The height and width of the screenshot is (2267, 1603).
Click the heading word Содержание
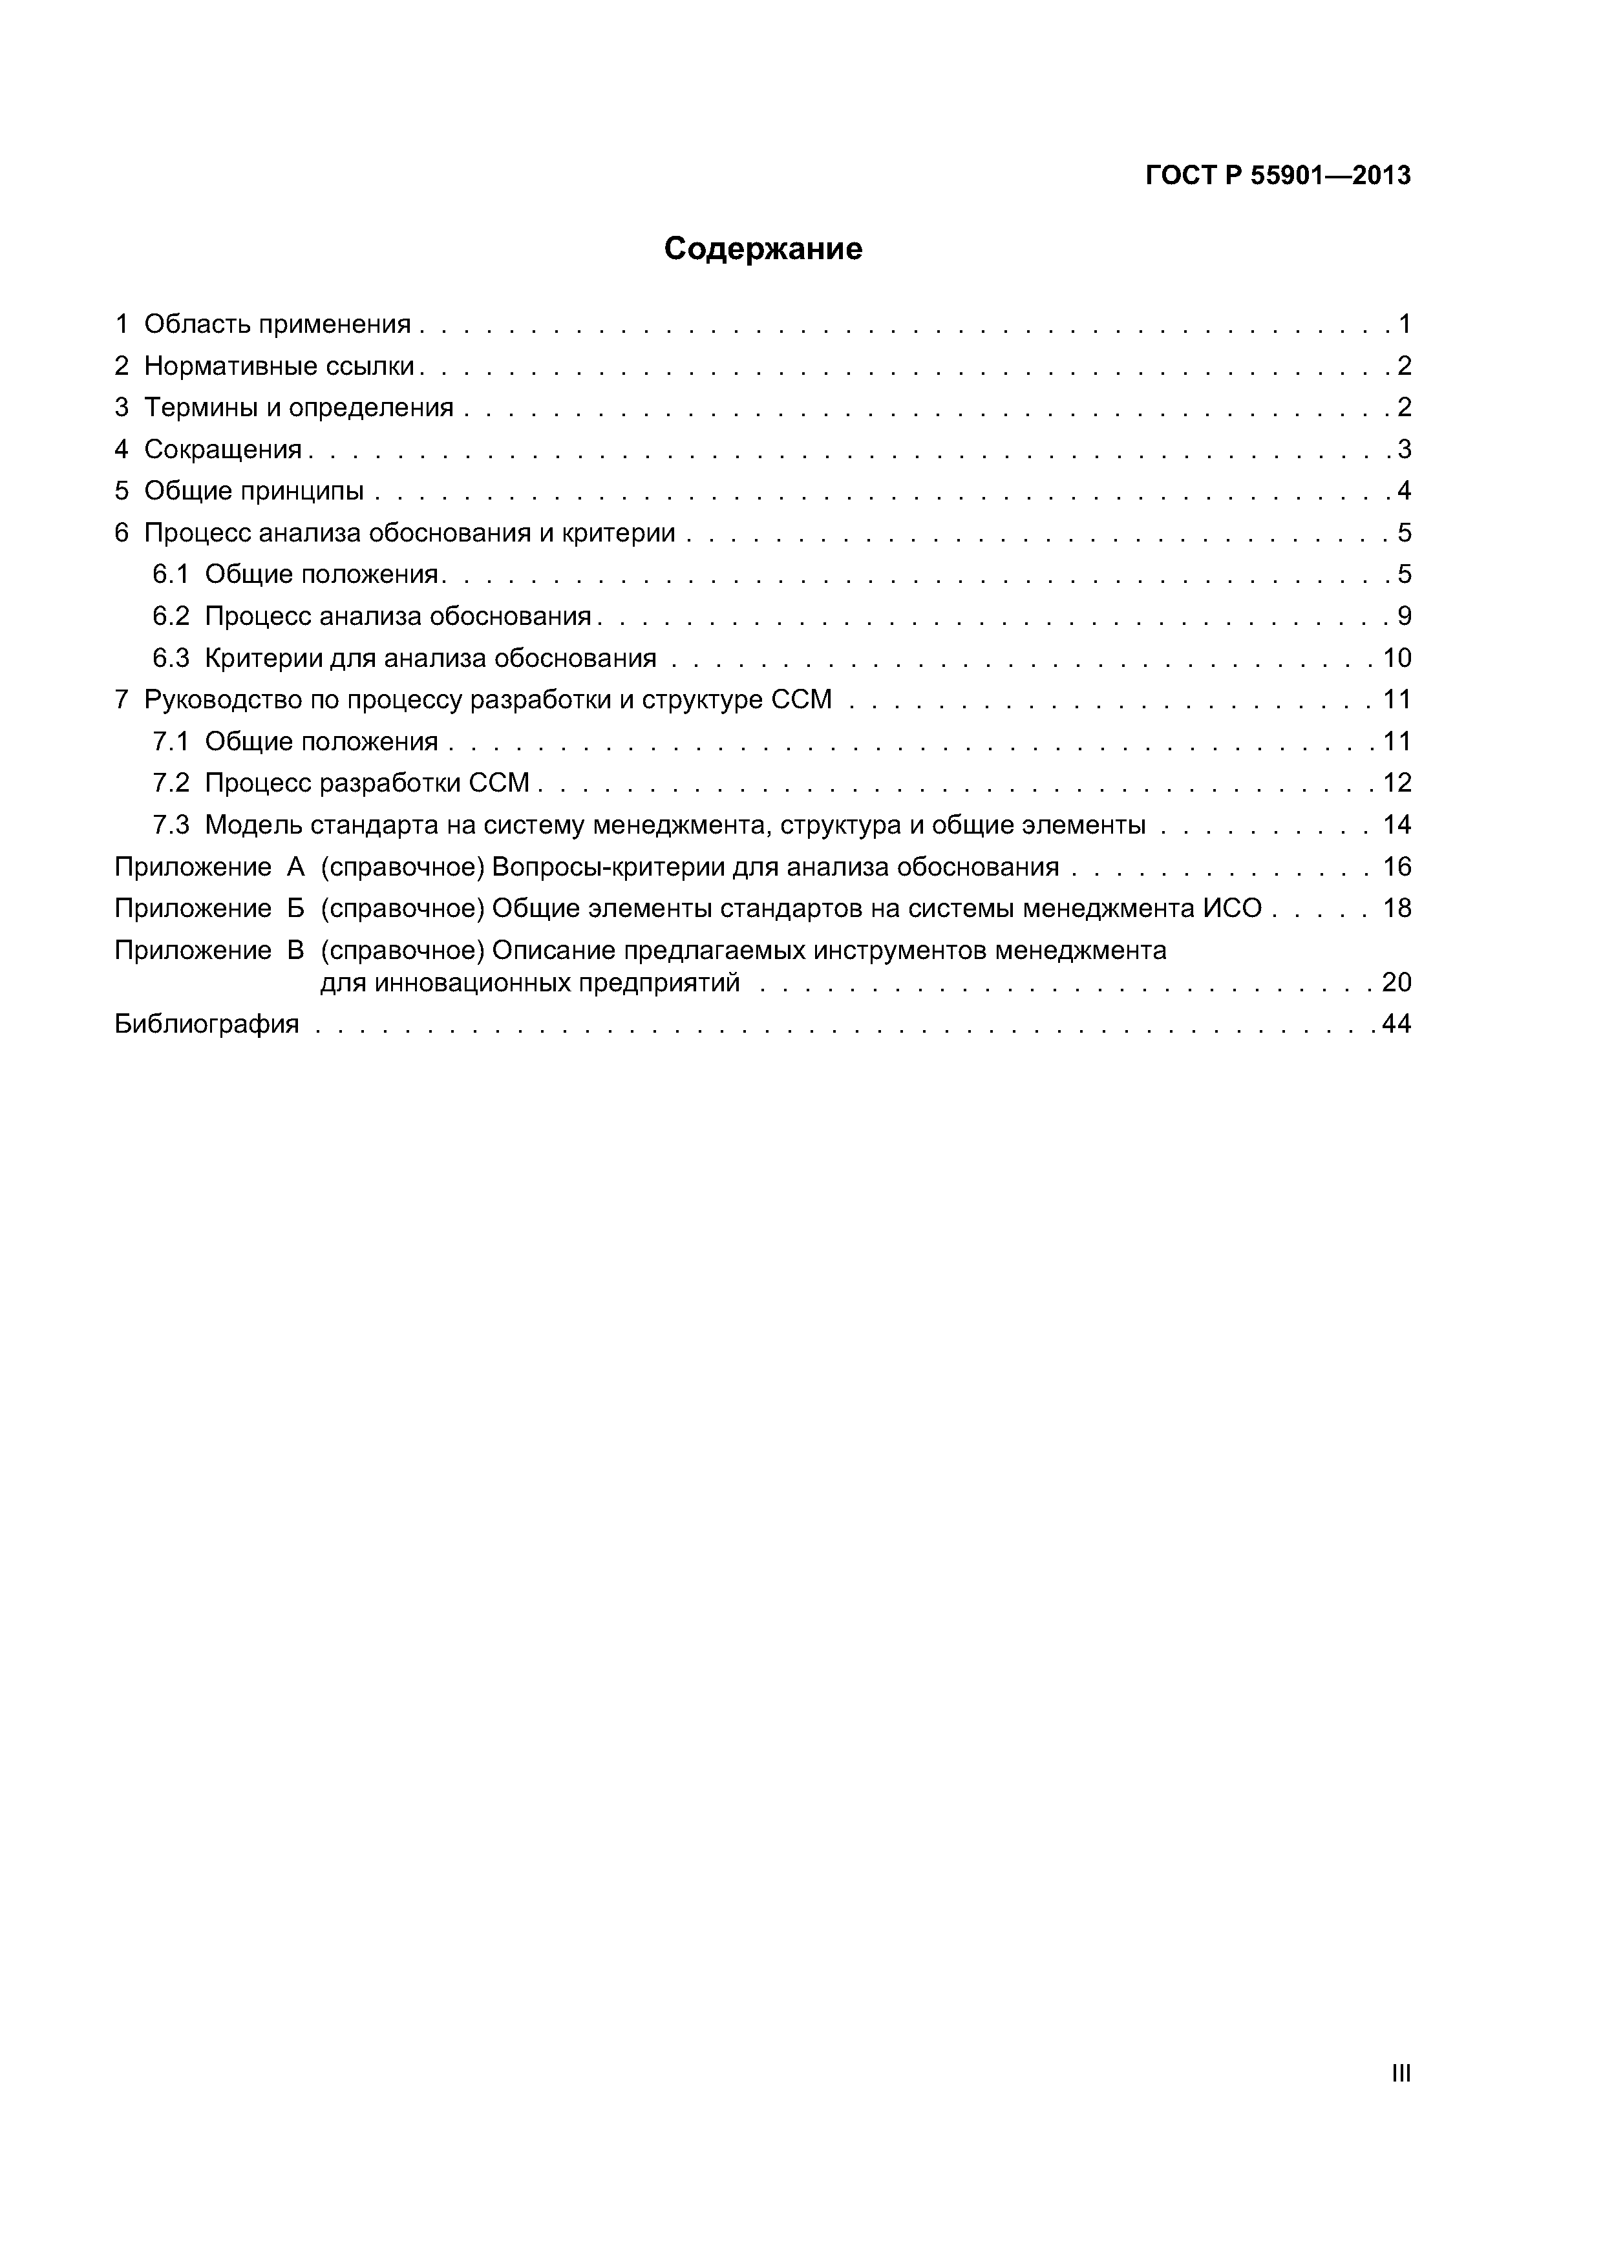[763, 249]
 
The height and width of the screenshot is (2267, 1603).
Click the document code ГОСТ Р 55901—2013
[1278, 176]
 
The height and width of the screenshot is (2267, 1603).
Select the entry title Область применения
[277, 324]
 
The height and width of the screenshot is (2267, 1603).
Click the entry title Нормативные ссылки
[279, 366]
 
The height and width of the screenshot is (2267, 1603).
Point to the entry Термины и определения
[298, 408]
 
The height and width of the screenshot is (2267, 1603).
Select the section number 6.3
[171, 658]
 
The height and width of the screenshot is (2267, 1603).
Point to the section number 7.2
[171, 783]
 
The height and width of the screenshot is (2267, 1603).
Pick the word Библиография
[206, 1024]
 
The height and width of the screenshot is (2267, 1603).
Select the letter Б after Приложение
[295, 909]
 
